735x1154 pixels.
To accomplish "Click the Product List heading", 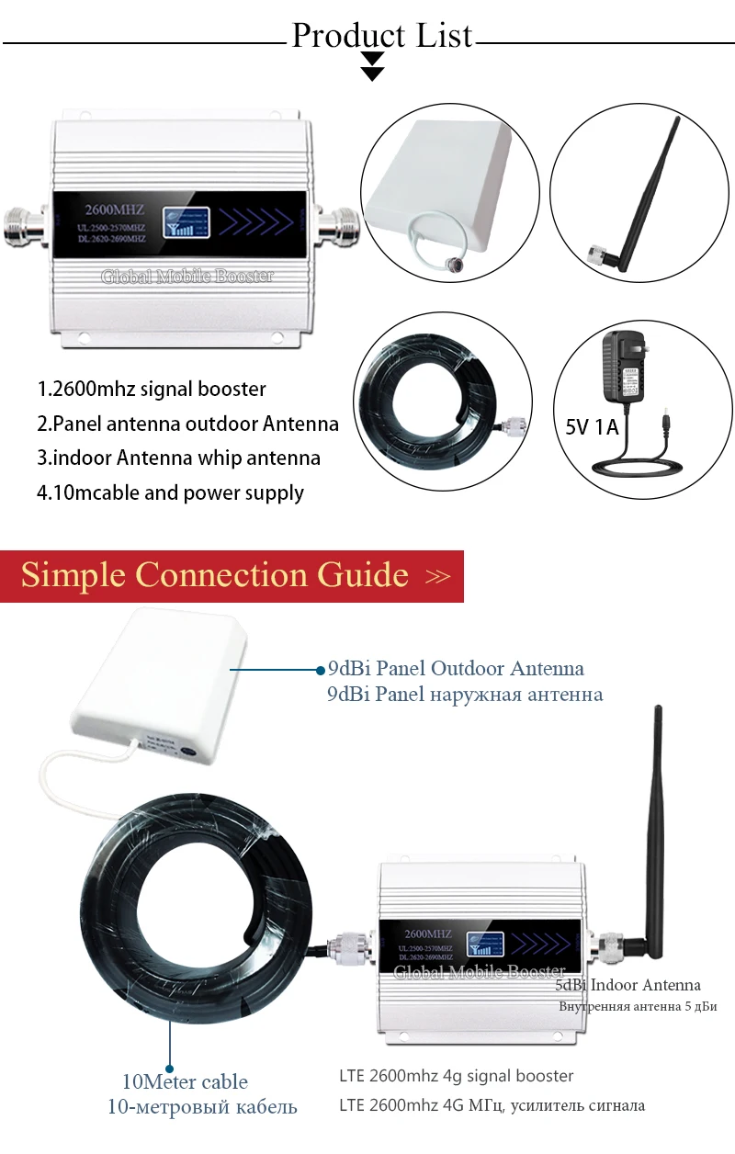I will [381, 36].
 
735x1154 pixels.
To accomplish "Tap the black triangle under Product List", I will [372, 66].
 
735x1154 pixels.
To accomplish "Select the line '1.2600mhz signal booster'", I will [152, 389].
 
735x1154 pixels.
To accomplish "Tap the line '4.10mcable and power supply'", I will [170, 492].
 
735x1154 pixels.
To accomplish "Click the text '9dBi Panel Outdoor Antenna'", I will [456, 668].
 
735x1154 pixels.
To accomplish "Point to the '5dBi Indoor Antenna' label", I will [628, 985].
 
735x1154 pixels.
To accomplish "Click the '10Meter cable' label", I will [185, 1081].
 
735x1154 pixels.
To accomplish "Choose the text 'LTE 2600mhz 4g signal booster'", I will [456, 1075].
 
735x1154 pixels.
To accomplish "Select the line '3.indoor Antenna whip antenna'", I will [178, 458].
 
